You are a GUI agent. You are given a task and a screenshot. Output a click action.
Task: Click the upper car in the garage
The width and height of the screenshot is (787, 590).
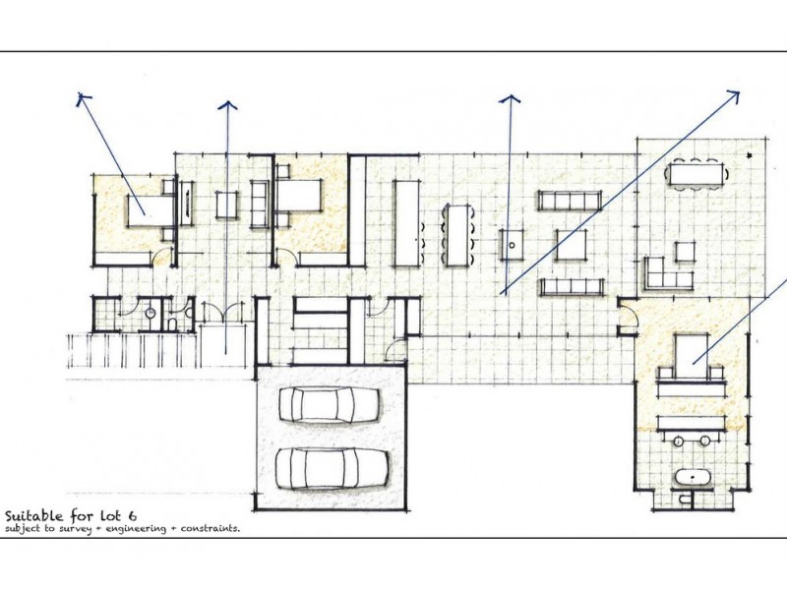(x=330, y=403)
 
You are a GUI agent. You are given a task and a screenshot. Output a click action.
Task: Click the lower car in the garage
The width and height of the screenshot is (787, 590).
(x=330, y=467)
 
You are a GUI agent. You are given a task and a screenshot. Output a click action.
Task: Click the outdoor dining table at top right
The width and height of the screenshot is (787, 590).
(x=696, y=174)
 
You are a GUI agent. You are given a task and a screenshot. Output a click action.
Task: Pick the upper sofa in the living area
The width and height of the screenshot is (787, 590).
(x=570, y=201)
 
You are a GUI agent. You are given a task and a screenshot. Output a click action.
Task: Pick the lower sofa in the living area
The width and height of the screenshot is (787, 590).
(x=572, y=286)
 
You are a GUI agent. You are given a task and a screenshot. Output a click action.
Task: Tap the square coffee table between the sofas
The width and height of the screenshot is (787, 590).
(x=571, y=244)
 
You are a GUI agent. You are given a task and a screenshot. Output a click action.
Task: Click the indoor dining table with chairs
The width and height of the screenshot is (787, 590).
(x=457, y=234)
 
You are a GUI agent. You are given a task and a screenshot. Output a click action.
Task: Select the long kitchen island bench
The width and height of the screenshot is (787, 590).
(x=406, y=222)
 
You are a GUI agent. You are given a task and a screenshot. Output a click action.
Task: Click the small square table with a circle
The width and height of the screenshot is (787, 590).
(x=512, y=242)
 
